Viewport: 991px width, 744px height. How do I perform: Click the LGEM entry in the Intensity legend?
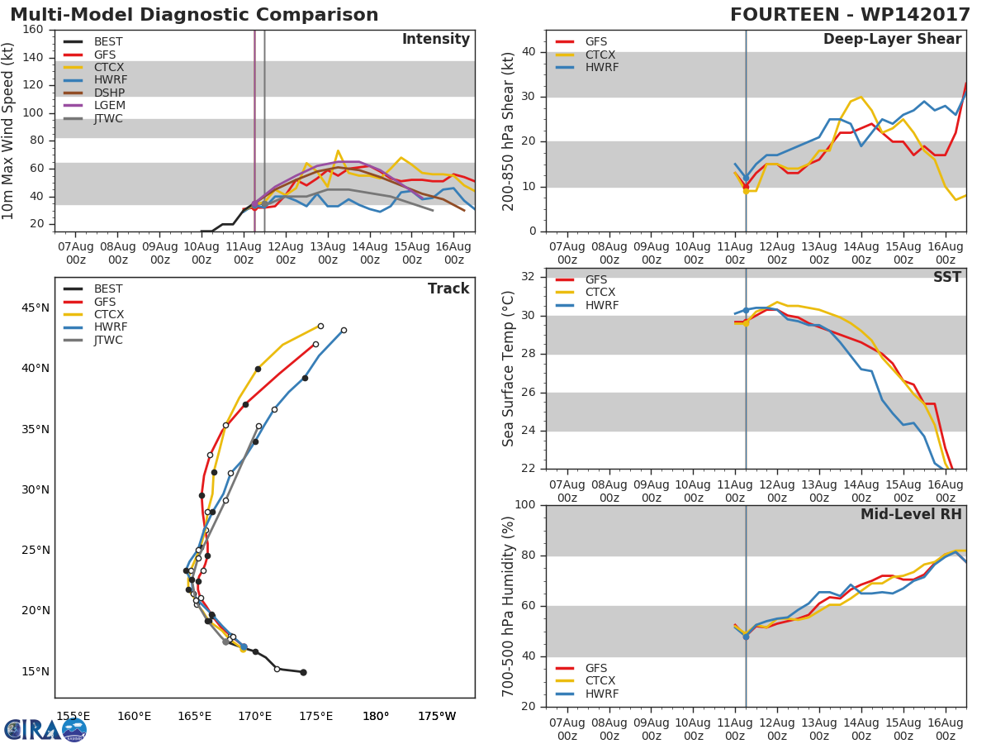tap(108, 106)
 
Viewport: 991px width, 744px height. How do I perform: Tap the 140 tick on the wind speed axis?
tap(33, 57)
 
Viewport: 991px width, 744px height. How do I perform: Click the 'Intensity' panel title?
tap(435, 40)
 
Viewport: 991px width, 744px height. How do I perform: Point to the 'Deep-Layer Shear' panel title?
tap(892, 40)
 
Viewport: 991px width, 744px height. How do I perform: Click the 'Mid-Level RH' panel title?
tap(911, 514)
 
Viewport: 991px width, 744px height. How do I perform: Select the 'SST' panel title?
tap(947, 277)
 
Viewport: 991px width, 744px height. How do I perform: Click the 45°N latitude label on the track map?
tap(34, 308)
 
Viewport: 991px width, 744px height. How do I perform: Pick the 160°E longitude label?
tap(134, 716)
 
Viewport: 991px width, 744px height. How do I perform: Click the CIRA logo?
tap(45, 729)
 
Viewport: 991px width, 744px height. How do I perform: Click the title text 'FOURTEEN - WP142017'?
tap(850, 15)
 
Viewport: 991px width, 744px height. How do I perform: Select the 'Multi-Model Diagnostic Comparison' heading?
tap(194, 15)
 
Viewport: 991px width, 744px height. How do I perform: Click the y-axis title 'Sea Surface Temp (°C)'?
tap(510, 369)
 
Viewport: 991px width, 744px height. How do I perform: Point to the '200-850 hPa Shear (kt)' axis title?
tap(510, 131)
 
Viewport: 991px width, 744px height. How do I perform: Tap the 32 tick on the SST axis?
tap(528, 277)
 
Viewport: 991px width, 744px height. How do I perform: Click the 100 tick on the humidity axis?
tap(524, 505)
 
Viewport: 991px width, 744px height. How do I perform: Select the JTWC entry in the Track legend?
tap(108, 340)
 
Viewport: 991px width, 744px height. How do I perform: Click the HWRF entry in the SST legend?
tap(602, 305)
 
